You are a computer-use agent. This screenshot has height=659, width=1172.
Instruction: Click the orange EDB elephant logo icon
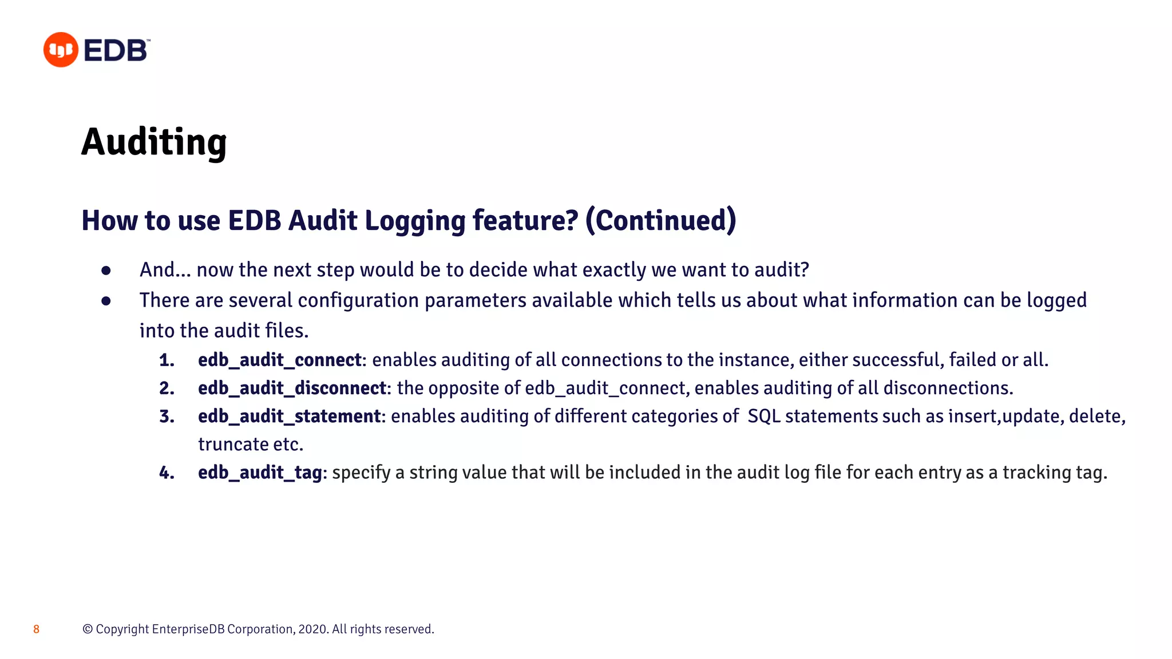click(61, 50)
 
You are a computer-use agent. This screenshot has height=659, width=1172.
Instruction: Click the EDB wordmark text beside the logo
click(116, 50)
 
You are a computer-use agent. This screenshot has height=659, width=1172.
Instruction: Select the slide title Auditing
click(154, 142)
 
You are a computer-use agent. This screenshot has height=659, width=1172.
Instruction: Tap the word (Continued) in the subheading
click(660, 220)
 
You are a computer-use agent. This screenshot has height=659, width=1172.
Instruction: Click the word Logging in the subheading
click(415, 221)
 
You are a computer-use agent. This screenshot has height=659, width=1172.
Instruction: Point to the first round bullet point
click(106, 271)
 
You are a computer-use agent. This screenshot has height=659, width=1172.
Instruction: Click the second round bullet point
click(106, 301)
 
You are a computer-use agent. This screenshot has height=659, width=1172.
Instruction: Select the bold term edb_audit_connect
click(280, 360)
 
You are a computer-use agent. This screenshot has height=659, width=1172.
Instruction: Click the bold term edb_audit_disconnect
click(292, 388)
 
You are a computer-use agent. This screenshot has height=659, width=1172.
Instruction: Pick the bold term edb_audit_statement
click(289, 416)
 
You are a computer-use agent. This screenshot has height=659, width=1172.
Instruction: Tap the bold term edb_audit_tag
click(260, 473)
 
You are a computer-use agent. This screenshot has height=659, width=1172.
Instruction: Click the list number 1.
click(167, 360)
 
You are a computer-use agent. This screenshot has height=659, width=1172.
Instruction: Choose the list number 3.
click(167, 416)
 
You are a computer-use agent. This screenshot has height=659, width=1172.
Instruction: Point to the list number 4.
click(167, 473)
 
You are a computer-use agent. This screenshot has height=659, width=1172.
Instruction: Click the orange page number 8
click(36, 629)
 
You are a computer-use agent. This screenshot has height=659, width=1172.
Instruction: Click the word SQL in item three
click(764, 416)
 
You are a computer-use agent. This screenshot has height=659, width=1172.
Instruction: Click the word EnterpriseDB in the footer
click(188, 629)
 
